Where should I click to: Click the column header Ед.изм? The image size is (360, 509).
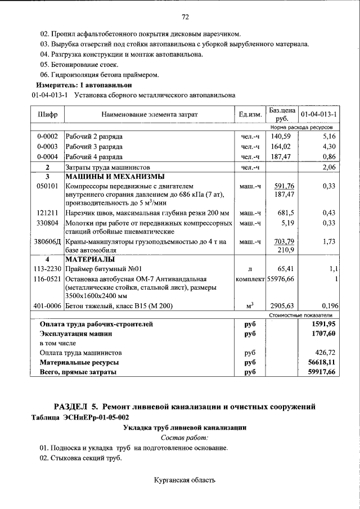[250, 115]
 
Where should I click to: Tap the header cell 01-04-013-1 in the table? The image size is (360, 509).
[318, 115]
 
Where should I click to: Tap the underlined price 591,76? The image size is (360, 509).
[284, 186]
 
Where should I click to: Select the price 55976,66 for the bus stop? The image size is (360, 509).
[281, 278]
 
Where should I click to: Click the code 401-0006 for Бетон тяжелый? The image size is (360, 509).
[48, 306]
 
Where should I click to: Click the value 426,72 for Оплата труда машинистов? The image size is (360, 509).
[325, 353]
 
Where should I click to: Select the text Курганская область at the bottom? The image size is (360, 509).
[184, 480]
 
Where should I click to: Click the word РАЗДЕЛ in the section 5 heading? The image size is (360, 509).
[75, 406]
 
